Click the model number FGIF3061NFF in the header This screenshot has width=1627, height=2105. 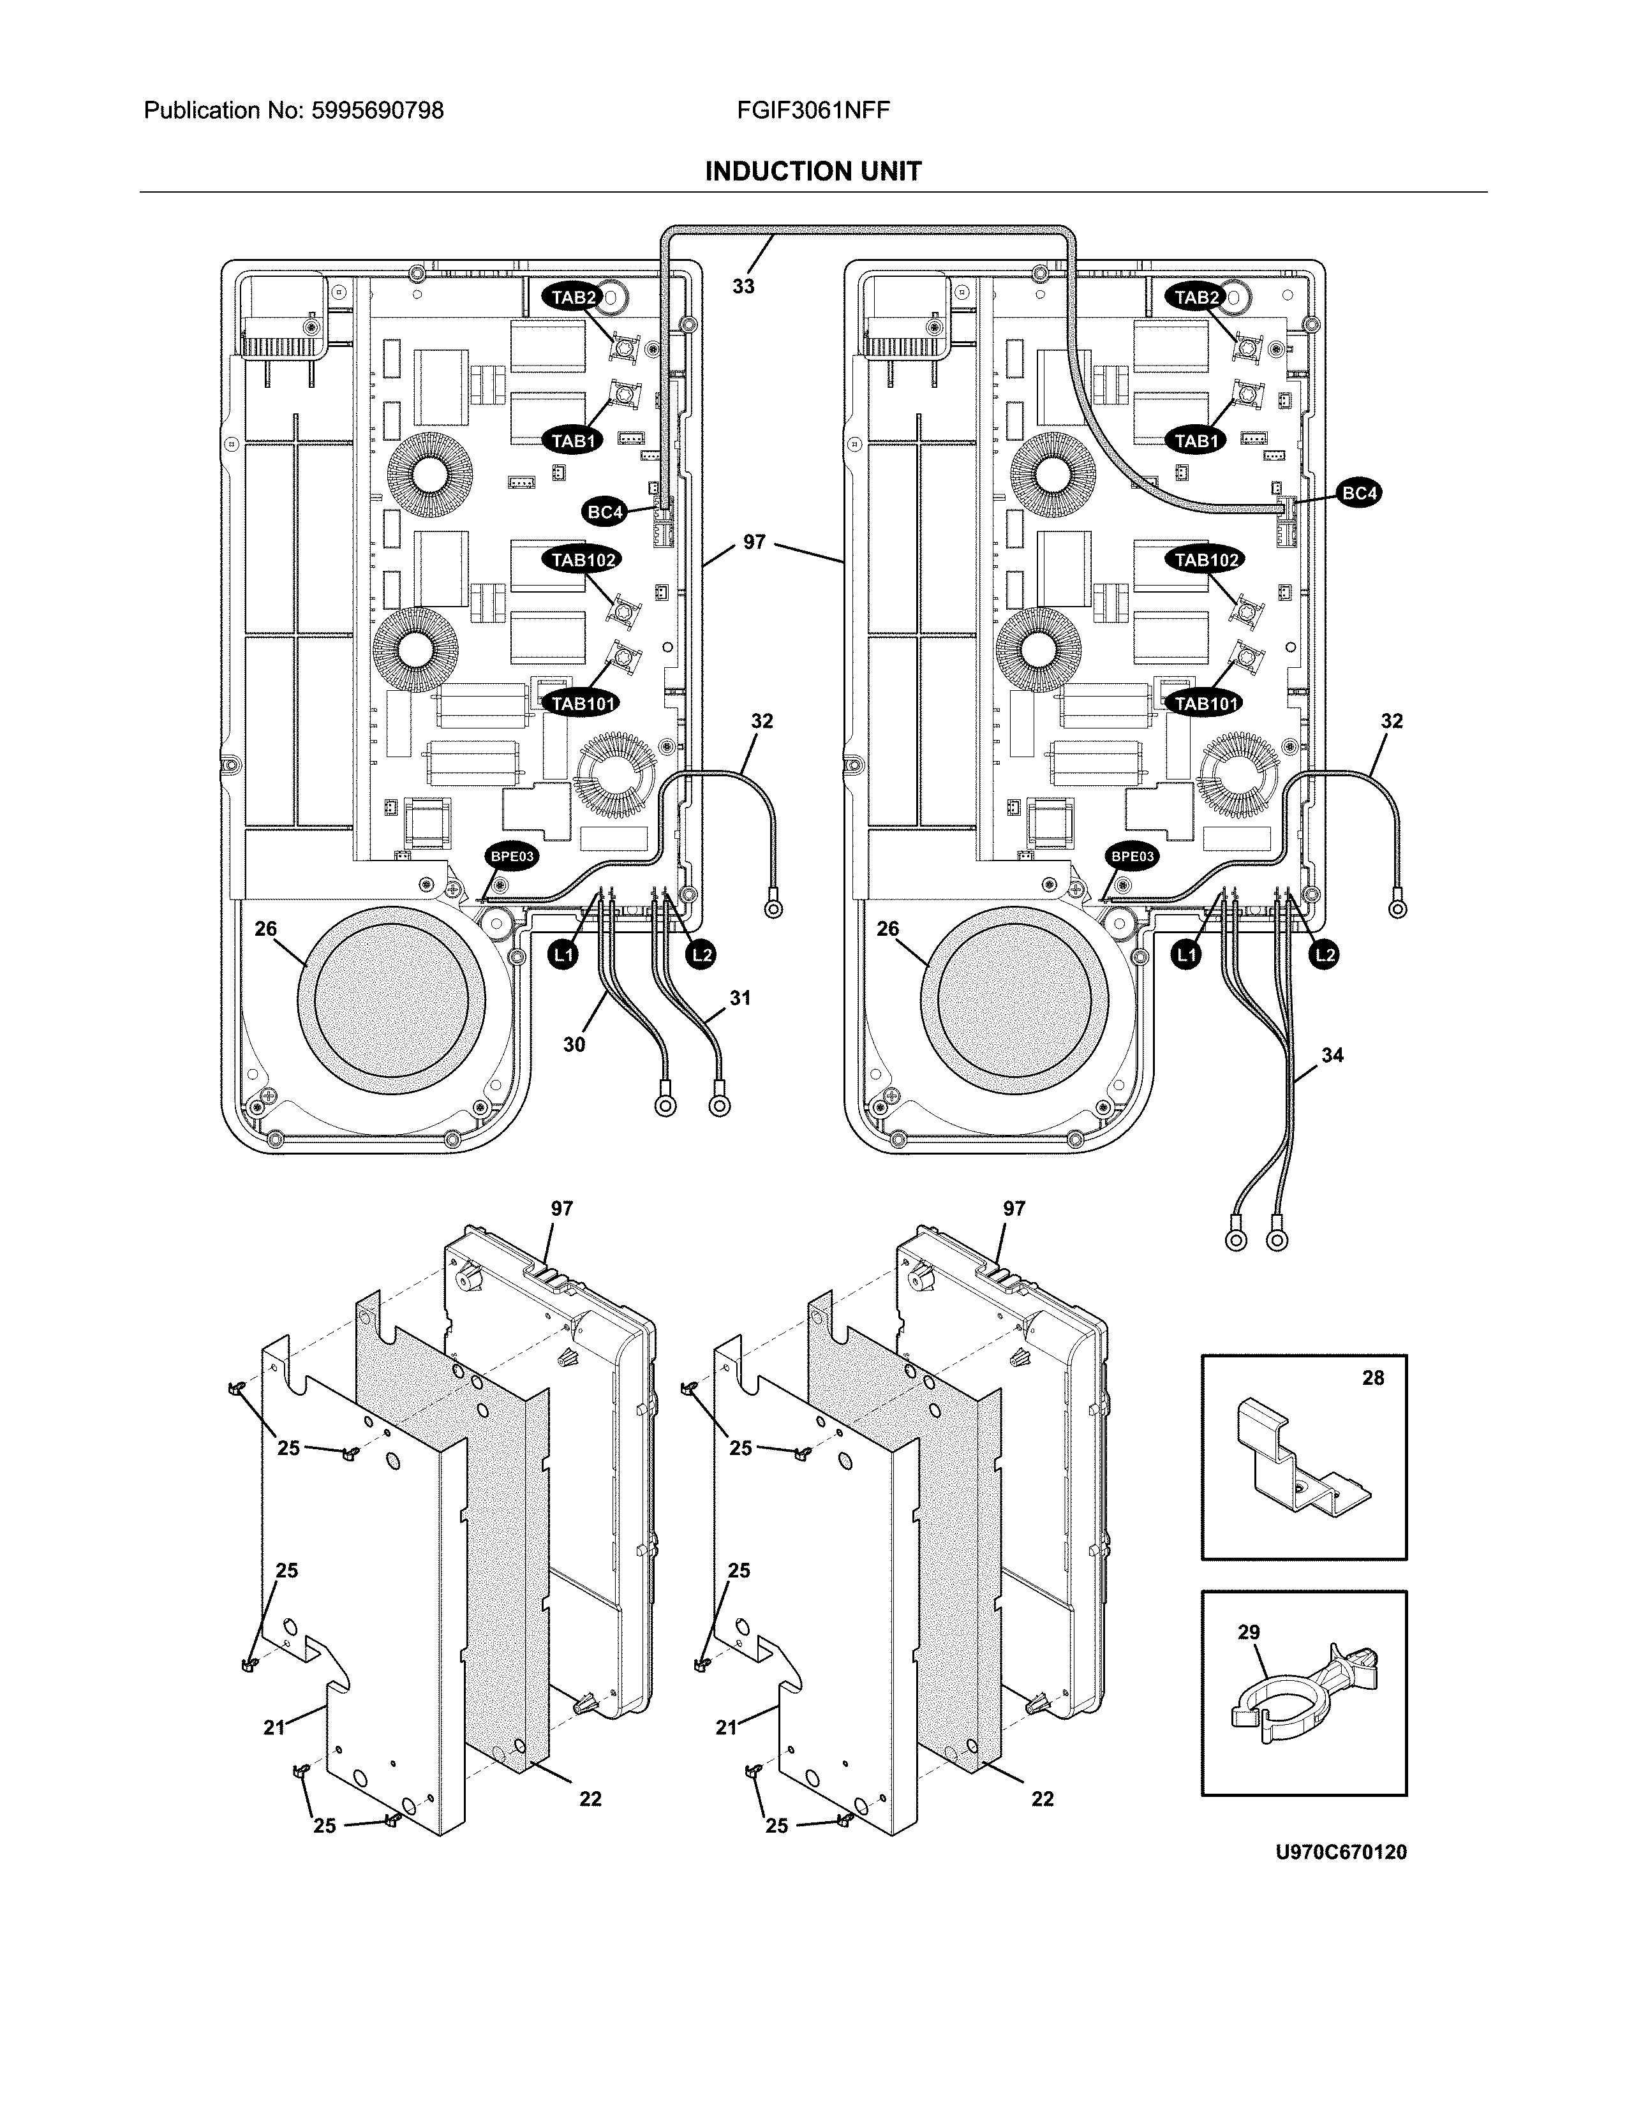(812, 111)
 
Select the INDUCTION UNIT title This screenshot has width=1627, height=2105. (812, 172)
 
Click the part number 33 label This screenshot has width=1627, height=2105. (743, 286)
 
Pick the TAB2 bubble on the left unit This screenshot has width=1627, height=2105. (574, 298)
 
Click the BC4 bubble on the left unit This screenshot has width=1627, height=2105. (605, 512)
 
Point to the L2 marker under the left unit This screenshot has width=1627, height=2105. (702, 955)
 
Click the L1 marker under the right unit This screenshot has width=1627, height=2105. (1187, 955)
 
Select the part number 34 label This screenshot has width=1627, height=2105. (1332, 1056)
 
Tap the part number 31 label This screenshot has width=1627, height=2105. (739, 998)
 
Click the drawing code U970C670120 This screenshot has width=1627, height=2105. (1341, 1852)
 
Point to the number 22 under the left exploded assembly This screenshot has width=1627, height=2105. (590, 1799)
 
